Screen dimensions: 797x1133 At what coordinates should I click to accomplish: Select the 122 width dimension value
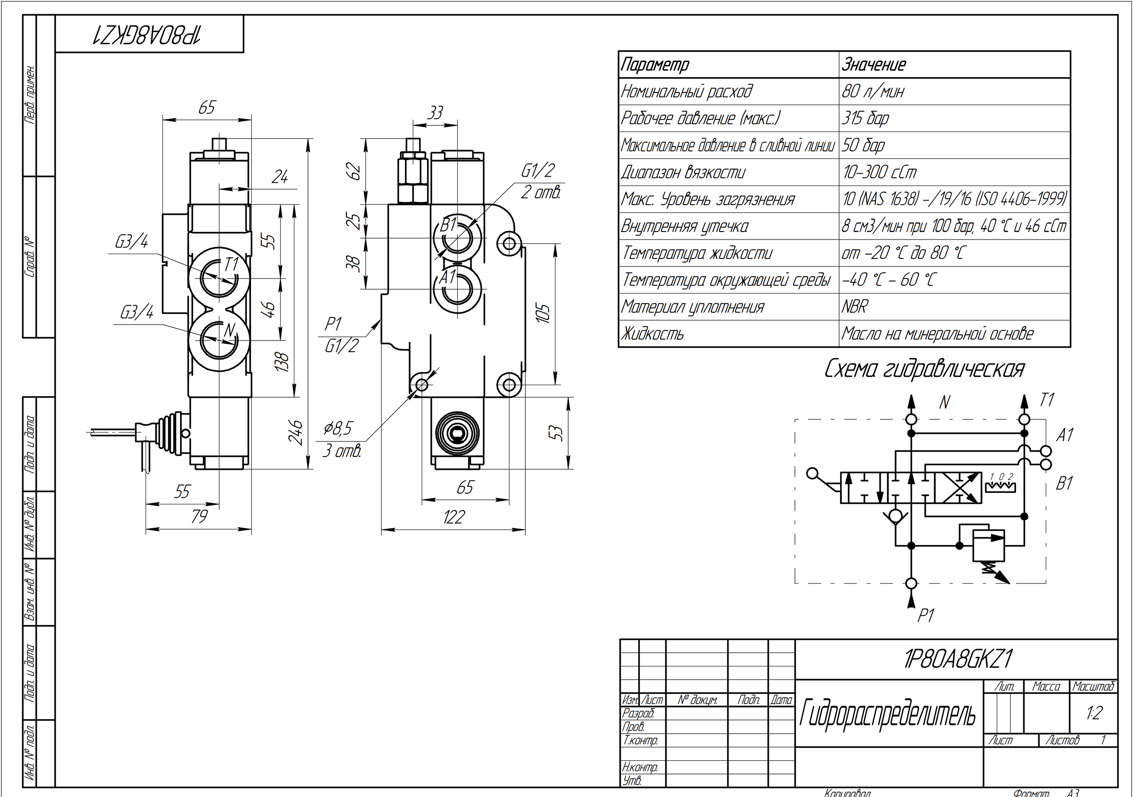[454, 517]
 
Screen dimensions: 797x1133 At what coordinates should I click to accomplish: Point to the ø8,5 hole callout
[338, 429]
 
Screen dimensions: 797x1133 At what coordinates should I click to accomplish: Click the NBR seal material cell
[854, 307]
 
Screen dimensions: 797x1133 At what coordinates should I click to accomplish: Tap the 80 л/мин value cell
[872, 91]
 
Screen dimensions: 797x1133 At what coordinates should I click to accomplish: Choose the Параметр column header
[655, 65]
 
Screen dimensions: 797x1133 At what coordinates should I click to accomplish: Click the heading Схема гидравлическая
[924, 369]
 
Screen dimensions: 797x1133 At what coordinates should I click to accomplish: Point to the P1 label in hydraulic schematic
[925, 616]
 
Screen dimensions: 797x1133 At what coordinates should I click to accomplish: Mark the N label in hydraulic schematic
[944, 403]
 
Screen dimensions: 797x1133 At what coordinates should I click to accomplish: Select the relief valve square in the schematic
[988, 546]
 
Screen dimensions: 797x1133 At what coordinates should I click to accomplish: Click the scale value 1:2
[1094, 713]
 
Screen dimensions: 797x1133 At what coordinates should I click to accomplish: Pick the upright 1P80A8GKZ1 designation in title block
[957, 659]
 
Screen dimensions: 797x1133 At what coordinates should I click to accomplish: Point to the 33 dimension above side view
[435, 113]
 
